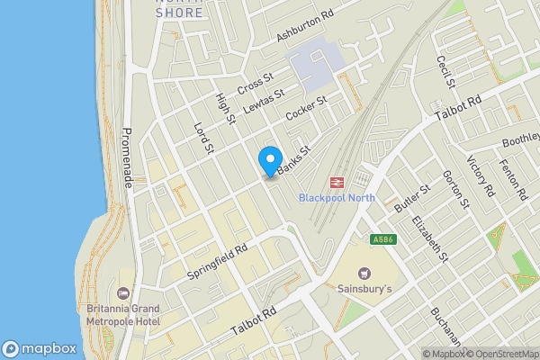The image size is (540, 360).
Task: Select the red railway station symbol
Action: tap(336, 181)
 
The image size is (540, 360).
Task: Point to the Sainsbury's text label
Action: tap(364, 290)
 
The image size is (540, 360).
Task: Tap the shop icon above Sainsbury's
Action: tap(364, 273)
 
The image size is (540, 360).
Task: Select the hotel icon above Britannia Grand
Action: tap(122, 293)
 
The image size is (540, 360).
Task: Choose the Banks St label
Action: tap(292, 161)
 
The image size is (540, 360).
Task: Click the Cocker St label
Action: tap(305, 113)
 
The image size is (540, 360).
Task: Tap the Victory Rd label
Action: tap(481, 176)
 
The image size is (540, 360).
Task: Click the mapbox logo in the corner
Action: tap(39, 348)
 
